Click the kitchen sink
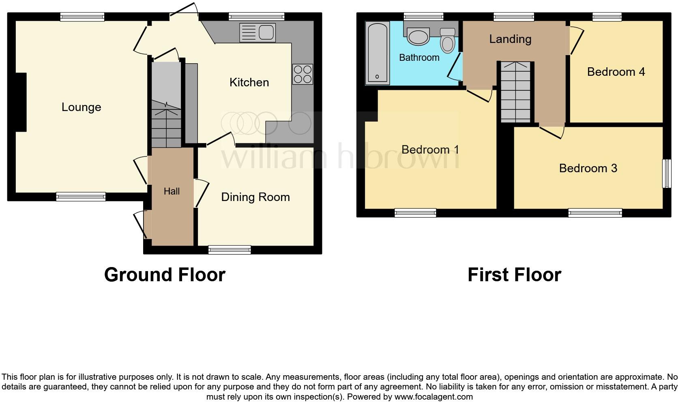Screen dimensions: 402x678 pos(257,33)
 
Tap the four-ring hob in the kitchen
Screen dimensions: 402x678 pos(303,74)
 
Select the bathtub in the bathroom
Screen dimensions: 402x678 pos(378,53)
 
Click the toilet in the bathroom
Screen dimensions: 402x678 pos(447,41)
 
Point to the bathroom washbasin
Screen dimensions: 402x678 pos(418,36)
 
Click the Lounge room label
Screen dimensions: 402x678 pos(81,107)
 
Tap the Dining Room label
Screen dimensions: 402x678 pos(255,197)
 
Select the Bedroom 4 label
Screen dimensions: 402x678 pos(616,72)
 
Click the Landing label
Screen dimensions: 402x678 pos(510,39)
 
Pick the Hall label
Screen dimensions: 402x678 pos(172,191)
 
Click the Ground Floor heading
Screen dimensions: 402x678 pos(165,275)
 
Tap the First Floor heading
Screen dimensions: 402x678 pos(514,275)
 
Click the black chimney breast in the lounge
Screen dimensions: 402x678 pos(21,102)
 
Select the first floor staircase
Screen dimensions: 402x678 pos(515,92)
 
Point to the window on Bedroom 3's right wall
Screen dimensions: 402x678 pos(666,173)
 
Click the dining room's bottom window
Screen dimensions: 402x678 pos(230,250)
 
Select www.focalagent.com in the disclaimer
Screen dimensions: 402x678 pos(433,397)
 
